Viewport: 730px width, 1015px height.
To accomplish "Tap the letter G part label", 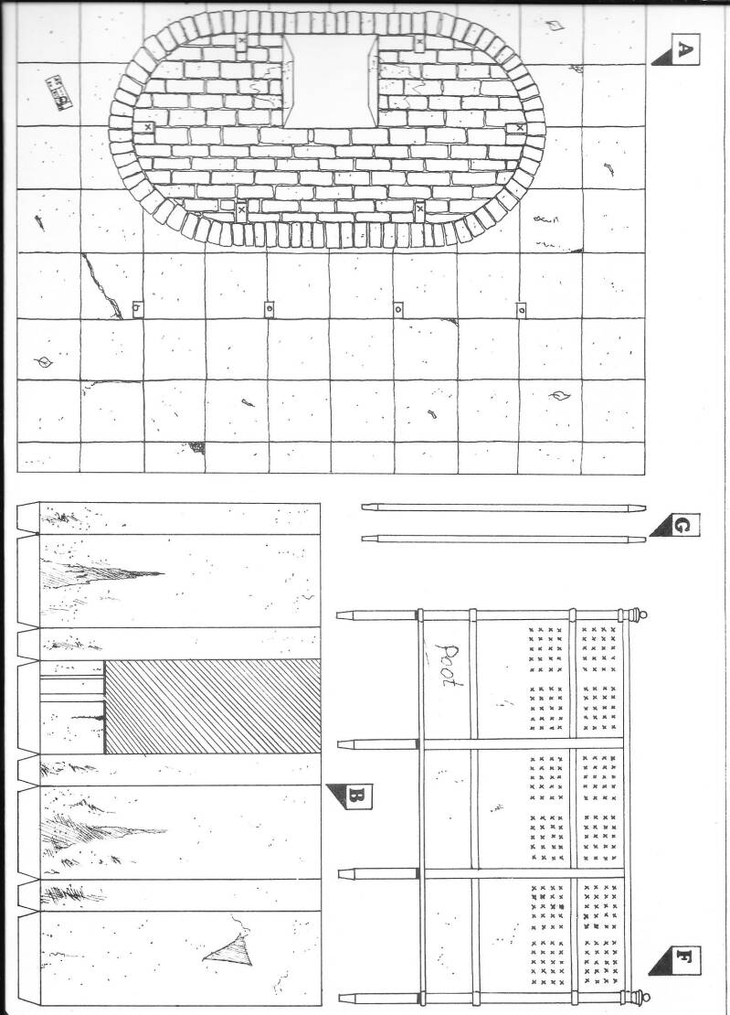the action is point(682,526).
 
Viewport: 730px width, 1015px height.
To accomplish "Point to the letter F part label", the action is point(682,960).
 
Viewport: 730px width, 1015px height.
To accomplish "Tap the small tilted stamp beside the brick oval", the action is point(59,92).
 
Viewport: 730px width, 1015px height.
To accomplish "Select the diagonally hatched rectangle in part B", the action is point(212,707).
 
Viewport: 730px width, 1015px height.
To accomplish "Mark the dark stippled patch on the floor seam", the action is point(196,447).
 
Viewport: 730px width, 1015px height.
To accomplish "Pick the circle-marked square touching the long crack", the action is point(137,309).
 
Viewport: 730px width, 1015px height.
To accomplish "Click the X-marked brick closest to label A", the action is point(419,42).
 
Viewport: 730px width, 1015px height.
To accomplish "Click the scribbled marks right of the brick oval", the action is point(545,219).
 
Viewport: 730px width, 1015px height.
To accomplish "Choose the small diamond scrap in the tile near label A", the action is point(556,25).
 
